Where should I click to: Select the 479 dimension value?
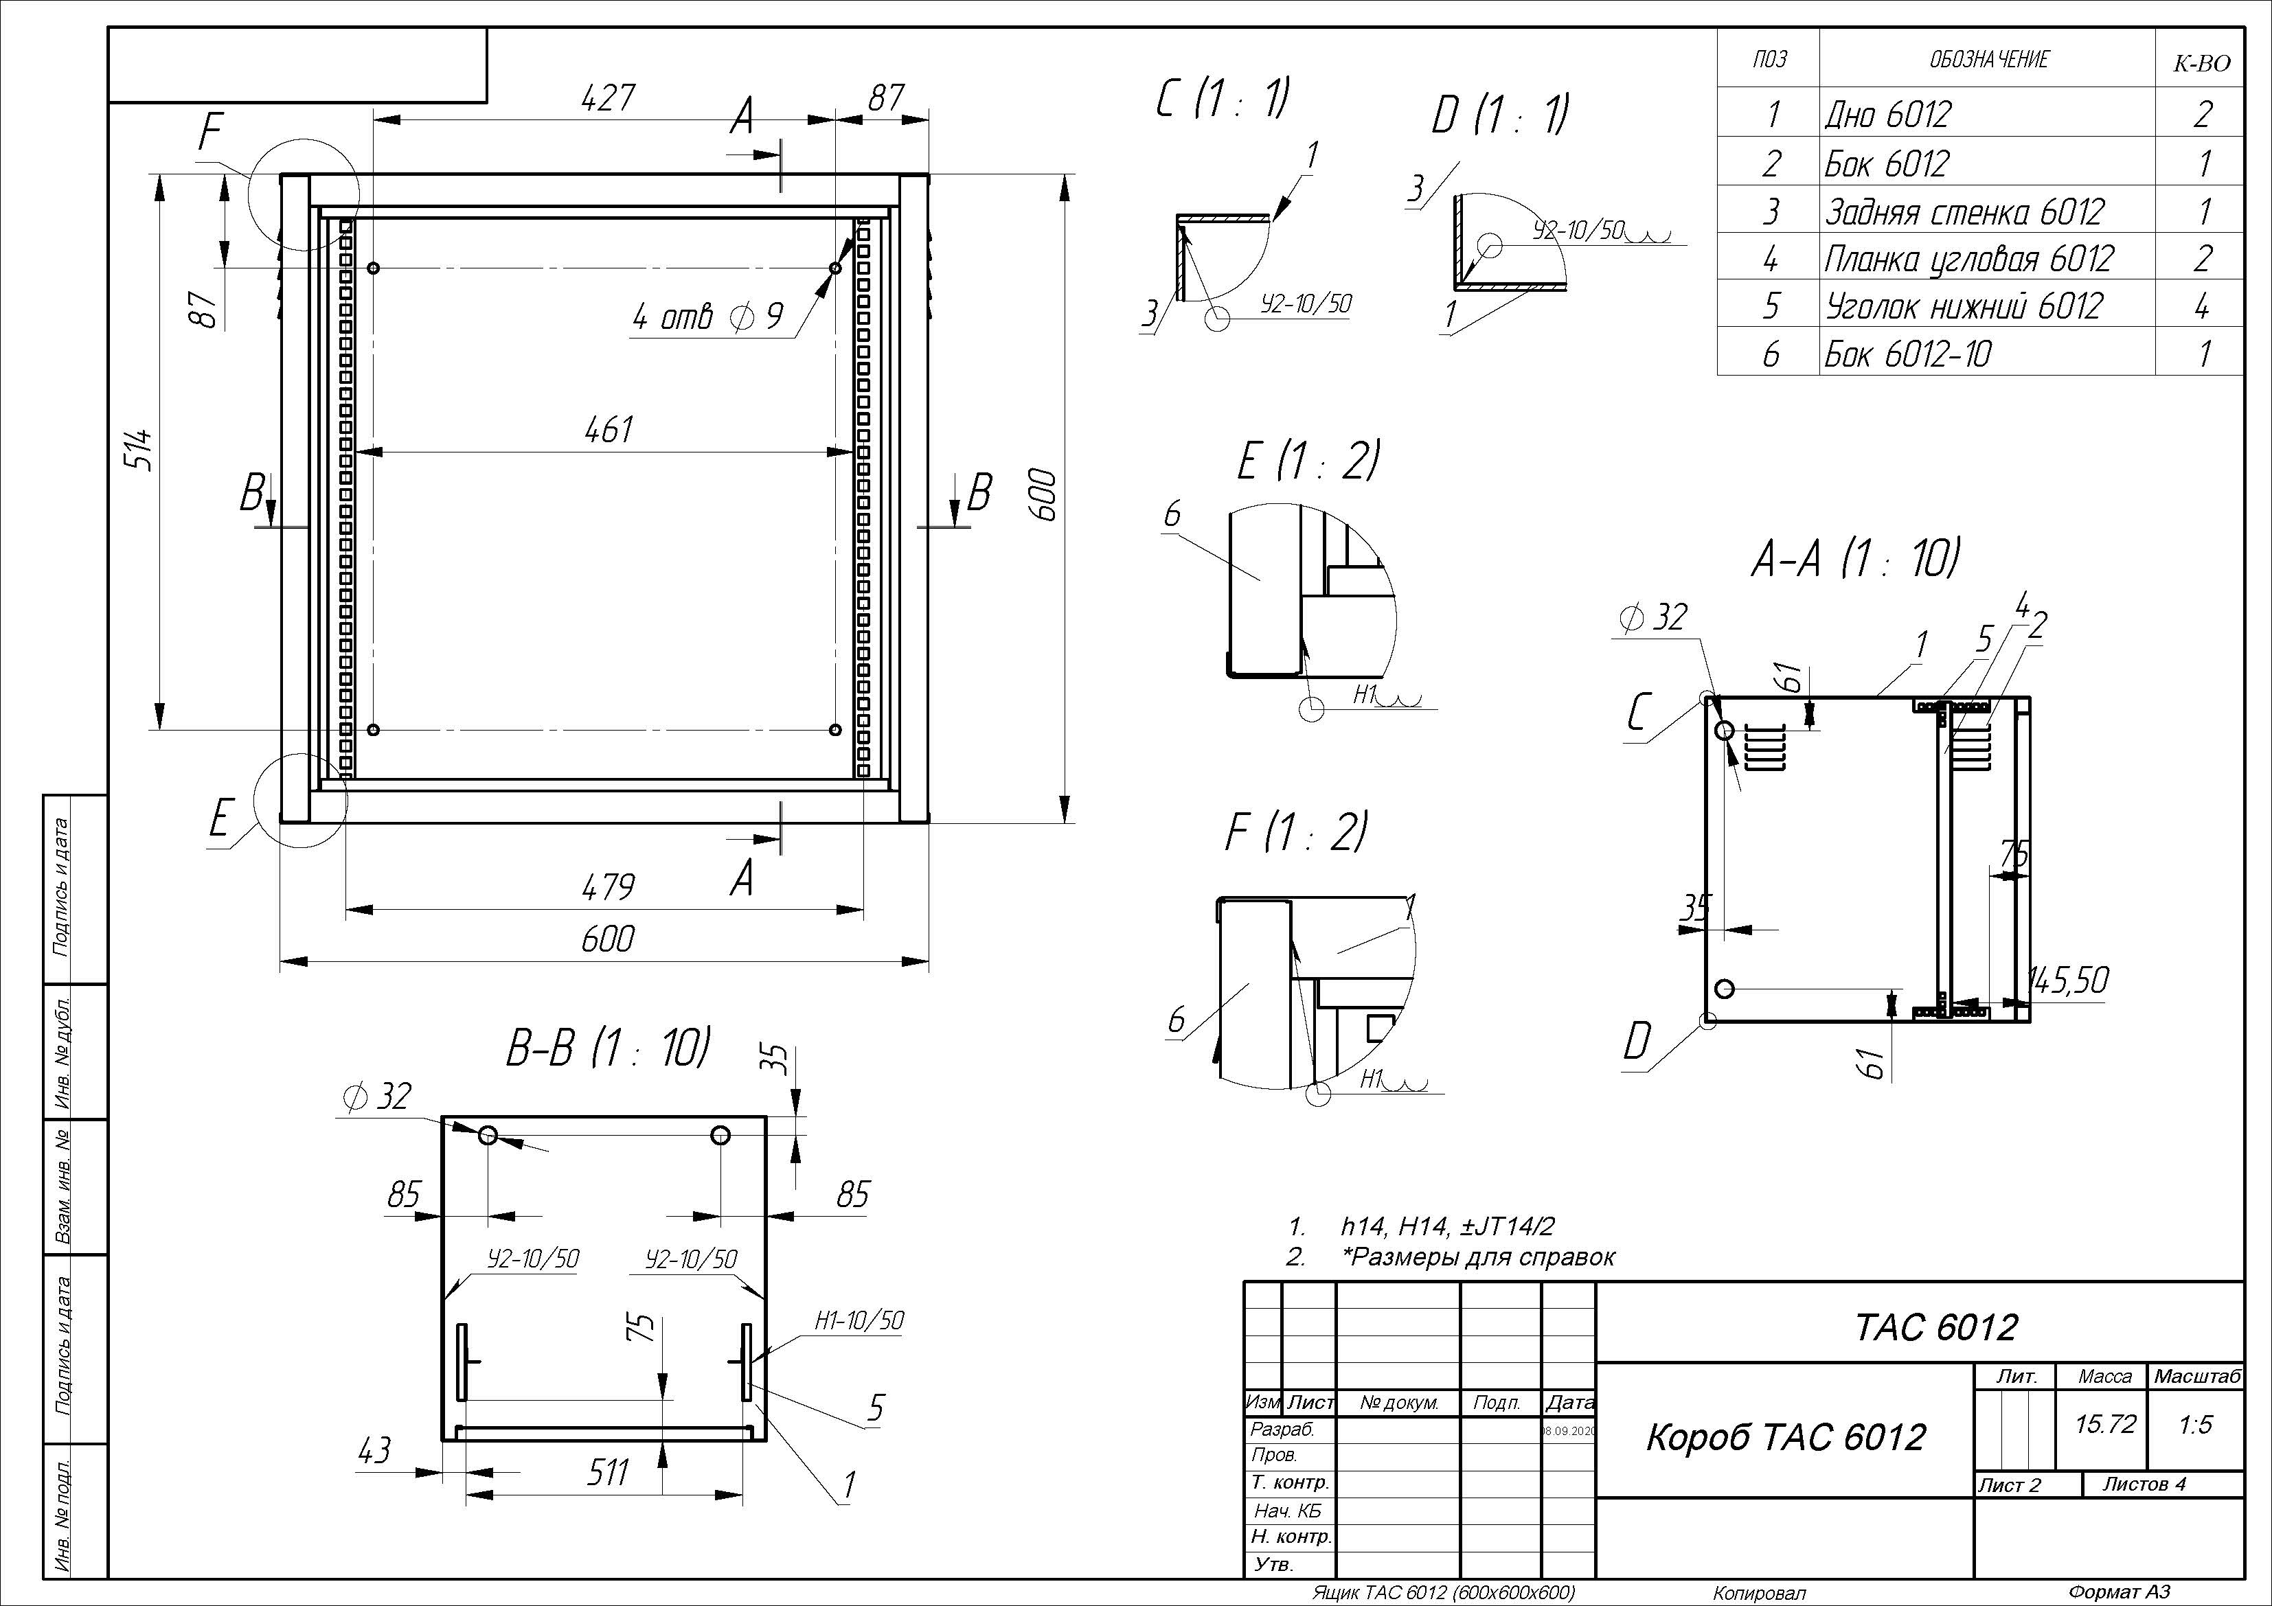pos(608,886)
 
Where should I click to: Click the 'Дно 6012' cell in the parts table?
pos(1888,115)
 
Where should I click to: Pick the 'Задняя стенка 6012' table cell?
pos(1964,211)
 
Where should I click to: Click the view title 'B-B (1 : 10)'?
pos(609,1048)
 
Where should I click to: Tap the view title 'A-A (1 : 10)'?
pos(1854,560)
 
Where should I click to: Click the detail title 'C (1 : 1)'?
pos(1223,99)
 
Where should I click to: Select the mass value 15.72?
pos(2105,1424)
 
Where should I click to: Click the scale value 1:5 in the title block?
pos(2195,1425)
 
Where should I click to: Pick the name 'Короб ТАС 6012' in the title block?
pos(1785,1437)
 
